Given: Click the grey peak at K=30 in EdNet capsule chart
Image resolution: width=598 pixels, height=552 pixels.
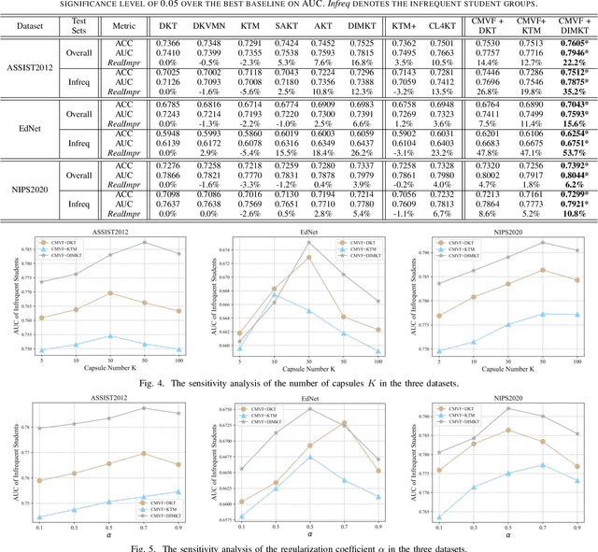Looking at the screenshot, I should tap(308, 243).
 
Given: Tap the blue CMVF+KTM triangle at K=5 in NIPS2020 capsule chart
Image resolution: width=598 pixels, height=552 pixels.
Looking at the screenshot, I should tap(439, 350).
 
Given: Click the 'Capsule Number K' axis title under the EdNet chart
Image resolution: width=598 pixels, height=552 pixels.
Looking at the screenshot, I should tap(308, 368).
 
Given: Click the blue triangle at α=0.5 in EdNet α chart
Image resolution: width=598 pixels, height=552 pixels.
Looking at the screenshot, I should tap(308, 457).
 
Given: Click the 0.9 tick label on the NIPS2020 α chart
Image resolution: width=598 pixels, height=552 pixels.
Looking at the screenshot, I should tap(577, 528).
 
